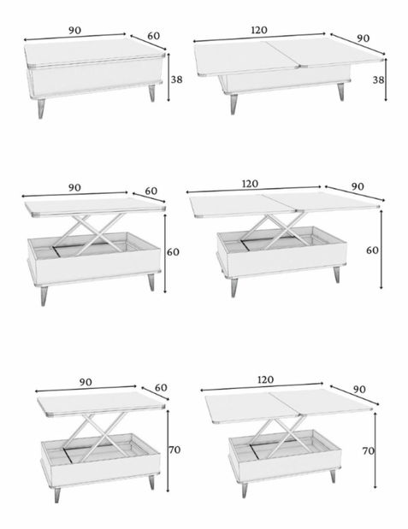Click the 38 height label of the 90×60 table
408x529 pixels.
coord(176,79)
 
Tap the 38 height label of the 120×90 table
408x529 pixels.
coord(378,80)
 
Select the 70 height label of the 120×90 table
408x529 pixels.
coord(368,450)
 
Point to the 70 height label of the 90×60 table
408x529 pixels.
coord(174,450)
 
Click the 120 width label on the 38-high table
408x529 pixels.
coord(259,30)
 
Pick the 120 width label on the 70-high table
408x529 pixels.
coord(265,380)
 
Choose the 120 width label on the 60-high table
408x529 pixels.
coord(251,184)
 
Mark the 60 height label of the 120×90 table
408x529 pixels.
coord(372,250)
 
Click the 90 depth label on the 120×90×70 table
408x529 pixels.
coord(359,390)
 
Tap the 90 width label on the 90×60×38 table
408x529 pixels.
coord(75,30)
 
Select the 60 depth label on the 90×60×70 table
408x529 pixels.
coord(161,388)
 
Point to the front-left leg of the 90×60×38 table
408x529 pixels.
coord(41,109)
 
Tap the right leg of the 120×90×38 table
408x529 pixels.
coord(340,91)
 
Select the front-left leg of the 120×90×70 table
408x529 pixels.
coord(244,490)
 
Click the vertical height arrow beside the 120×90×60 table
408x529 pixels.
coord(381,250)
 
